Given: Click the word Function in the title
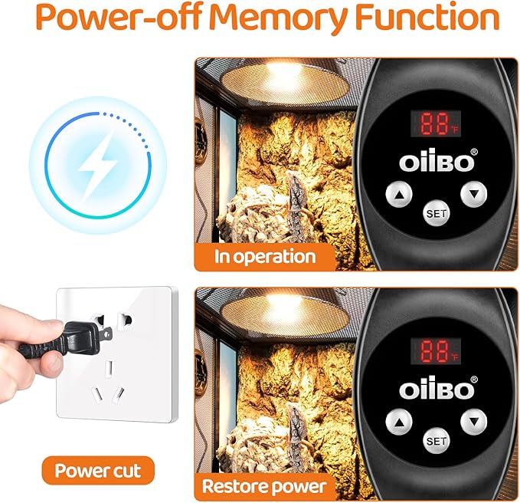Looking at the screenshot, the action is click(427, 17).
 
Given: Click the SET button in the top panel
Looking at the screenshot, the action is click(437, 213).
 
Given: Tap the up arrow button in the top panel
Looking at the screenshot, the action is click(399, 194).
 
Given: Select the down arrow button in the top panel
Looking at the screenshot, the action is click(474, 194).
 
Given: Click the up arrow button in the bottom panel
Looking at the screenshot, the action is click(399, 422).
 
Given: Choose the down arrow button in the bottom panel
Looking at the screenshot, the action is click(474, 422).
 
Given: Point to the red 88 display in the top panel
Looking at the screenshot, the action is click(436, 123).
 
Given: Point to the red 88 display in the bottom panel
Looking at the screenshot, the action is click(436, 351).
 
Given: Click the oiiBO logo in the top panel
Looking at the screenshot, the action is click(438, 161).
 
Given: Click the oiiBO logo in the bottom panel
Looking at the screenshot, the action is click(438, 388).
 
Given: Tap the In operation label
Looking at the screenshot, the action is click(265, 257).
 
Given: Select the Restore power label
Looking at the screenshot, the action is click(264, 487).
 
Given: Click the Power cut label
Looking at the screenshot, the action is click(98, 471).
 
